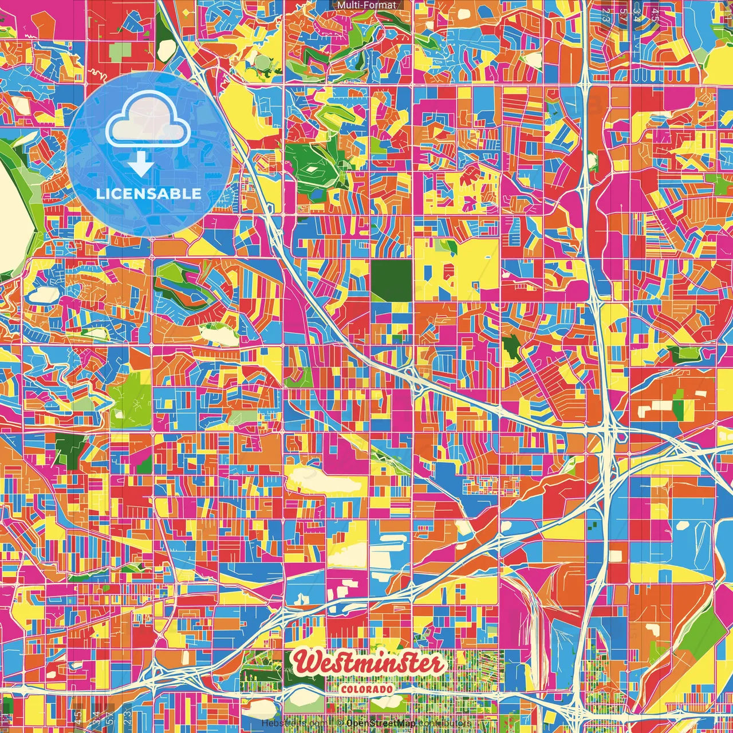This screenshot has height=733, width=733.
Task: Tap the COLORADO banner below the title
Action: click(367, 689)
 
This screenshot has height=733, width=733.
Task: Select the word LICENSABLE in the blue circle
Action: click(149, 194)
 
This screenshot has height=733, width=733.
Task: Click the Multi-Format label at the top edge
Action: click(366, 5)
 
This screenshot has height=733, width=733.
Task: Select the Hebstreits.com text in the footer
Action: click(295, 723)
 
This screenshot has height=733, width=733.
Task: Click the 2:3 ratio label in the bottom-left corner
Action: click(127, 716)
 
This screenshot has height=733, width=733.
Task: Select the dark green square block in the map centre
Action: click(391, 281)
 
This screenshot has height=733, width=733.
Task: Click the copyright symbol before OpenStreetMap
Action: click(340, 723)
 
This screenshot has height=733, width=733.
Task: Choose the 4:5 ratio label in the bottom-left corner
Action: click(78, 716)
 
